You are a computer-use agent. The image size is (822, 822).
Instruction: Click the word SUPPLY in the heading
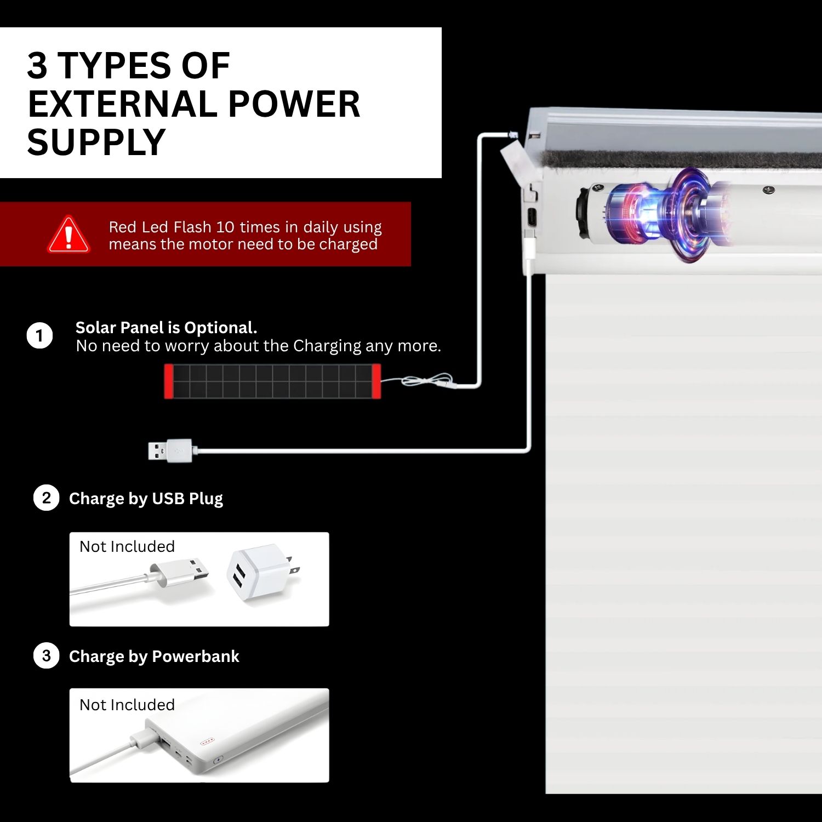[96, 142]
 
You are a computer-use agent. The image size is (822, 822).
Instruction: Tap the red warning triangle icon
[68, 235]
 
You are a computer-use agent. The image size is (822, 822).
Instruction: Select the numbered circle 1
[39, 335]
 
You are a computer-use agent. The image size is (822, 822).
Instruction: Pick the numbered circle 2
[46, 498]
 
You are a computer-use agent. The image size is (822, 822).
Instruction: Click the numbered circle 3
[46, 656]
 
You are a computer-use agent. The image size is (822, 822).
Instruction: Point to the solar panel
[272, 381]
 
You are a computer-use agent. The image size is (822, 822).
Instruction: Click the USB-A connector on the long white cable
[170, 450]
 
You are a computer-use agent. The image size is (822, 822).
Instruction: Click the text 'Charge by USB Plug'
[146, 499]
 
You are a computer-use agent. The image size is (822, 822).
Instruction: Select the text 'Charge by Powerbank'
[154, 657]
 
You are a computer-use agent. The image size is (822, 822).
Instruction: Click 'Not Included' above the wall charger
[127, 546]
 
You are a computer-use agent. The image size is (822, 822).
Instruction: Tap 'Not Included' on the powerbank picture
[127, 705]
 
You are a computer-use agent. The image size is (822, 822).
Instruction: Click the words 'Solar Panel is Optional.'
[166, 328]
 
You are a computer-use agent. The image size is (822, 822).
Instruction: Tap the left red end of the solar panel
[169, 381]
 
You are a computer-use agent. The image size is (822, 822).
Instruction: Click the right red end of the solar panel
[376, 381]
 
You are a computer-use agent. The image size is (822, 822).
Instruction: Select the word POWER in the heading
[294, 104]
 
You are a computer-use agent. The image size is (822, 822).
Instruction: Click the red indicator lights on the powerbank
[207, 741]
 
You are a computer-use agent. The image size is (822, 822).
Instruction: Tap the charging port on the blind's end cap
[531, 217]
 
